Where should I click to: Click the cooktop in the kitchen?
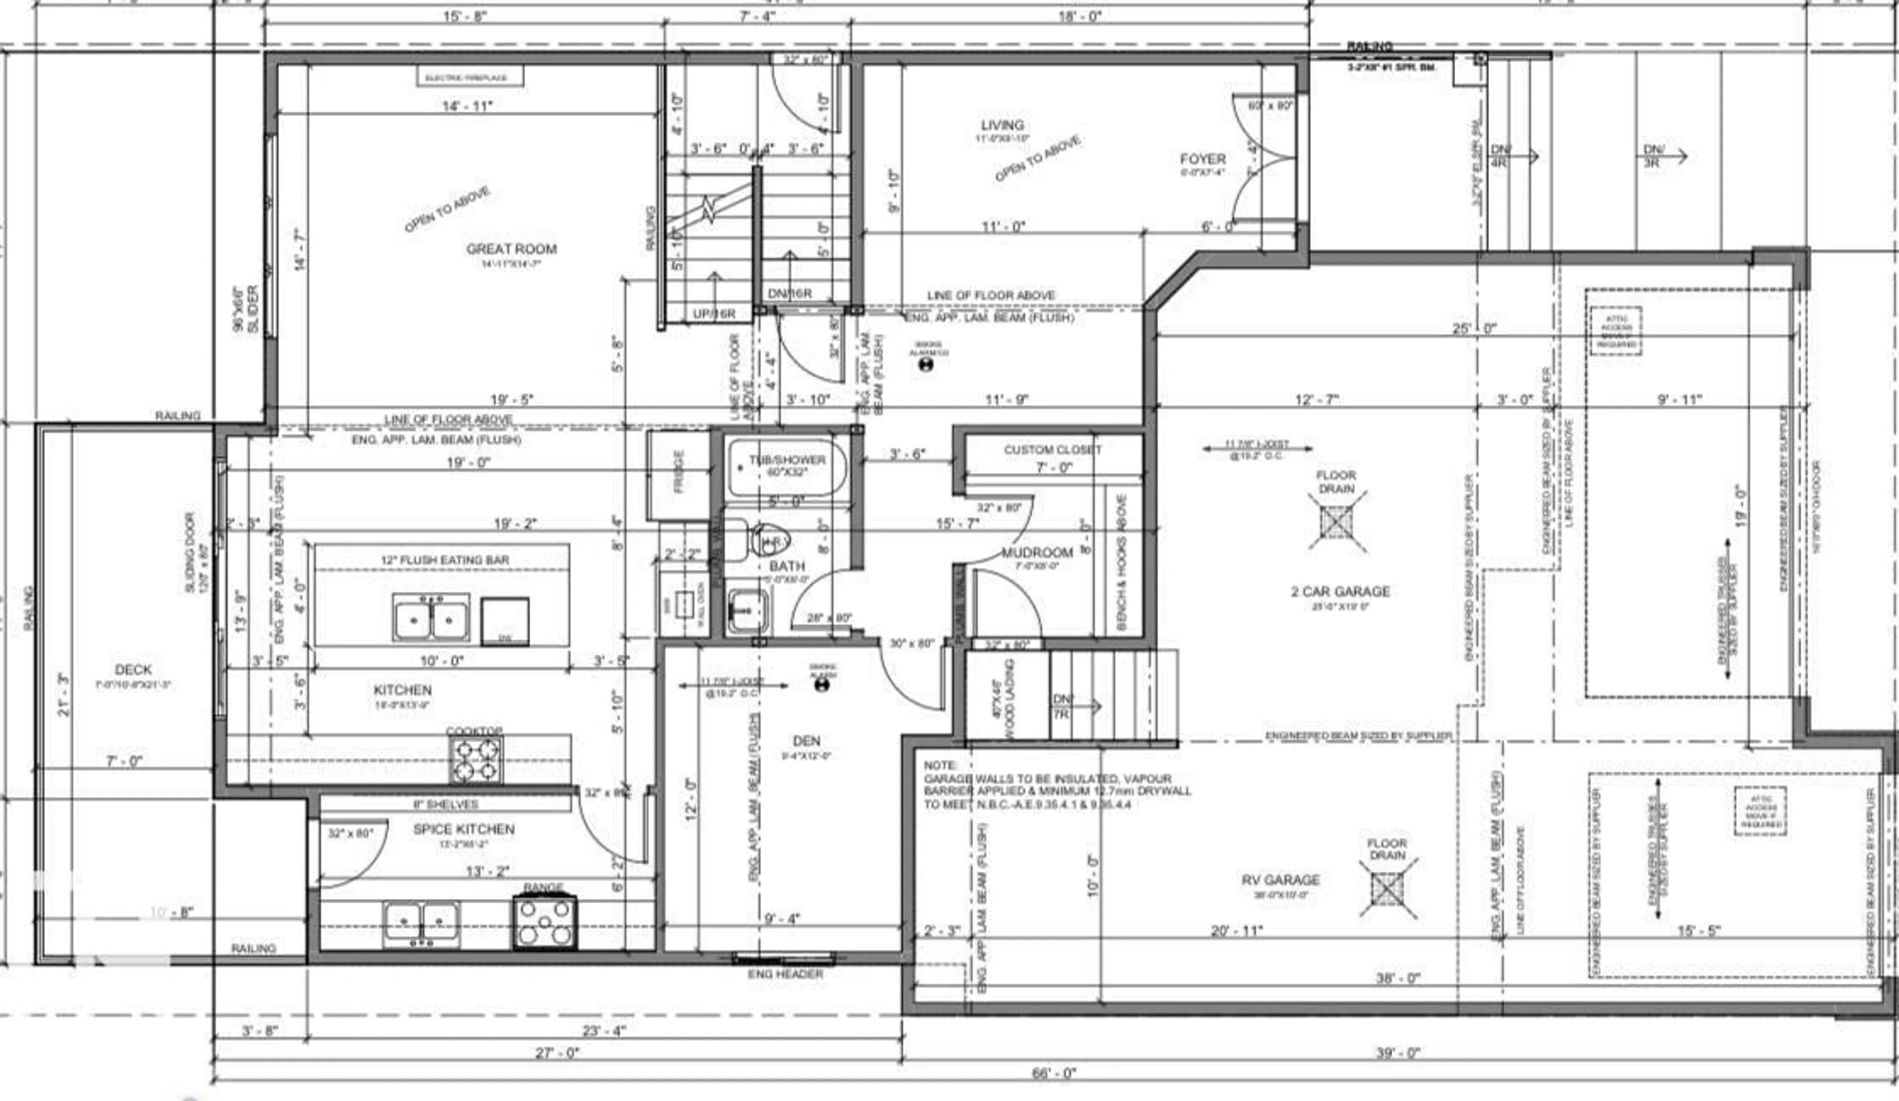coord(476,759)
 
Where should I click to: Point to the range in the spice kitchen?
coord(544,923)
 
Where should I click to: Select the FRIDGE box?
coord(678,473)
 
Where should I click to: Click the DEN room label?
coord(806,741)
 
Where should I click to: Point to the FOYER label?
coord(1203,159)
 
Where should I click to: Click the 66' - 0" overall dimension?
coord(1053,1074)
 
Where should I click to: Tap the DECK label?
coord(134,669)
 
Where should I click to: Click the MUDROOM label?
coord(1037,552)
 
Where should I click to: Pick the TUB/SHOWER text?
coord(787,460)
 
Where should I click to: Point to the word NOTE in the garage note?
coord(941,765)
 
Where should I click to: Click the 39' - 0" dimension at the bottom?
coord(1398,1053)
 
